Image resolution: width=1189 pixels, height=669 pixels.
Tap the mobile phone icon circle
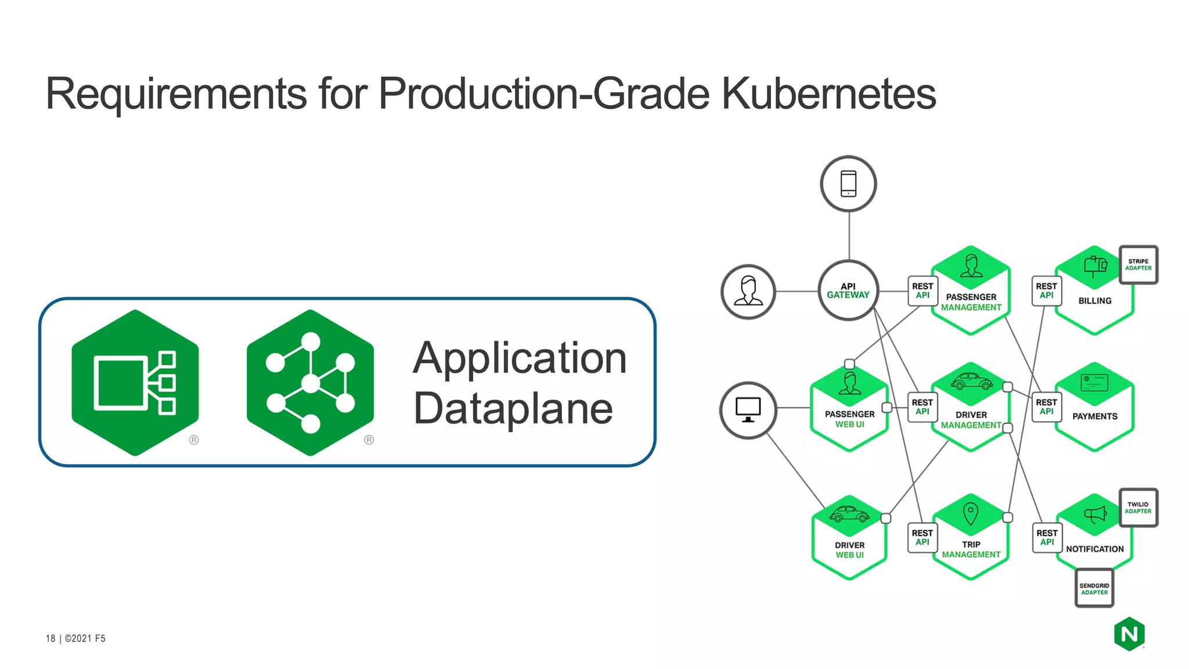click(848, 184)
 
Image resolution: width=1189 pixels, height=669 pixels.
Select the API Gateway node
click(848, 290)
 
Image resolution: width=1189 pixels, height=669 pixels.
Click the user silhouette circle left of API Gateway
click(748, 292)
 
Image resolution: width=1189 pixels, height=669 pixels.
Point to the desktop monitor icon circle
click(748, 410)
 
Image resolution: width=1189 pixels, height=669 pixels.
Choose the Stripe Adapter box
click(1138, 265)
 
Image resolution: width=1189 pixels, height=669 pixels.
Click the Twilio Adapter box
click(1138, 508)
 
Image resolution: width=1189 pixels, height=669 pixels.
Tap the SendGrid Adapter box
click(1094, 589)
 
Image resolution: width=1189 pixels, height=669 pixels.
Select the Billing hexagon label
click(1094, 301)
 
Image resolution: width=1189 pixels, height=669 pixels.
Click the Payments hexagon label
click(1094, 416)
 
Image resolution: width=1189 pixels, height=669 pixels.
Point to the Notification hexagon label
click(1094, 549)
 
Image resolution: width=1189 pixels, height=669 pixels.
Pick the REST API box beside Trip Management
click(922, 537)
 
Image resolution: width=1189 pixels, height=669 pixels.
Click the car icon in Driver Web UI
click(849, 515)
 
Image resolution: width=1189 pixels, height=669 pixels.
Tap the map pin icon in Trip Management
click(970, 513)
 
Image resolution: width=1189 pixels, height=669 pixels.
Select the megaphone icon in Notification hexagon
click(1095, 514)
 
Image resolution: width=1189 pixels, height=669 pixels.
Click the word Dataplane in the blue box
click(513, 408)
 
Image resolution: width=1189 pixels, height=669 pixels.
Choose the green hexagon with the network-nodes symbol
click(310, 382)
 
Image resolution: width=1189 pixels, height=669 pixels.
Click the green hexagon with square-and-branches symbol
click(135, 382)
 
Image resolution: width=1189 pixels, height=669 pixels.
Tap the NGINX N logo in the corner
click(1129, 634)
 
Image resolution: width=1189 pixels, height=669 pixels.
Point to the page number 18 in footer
click(51, 638)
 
